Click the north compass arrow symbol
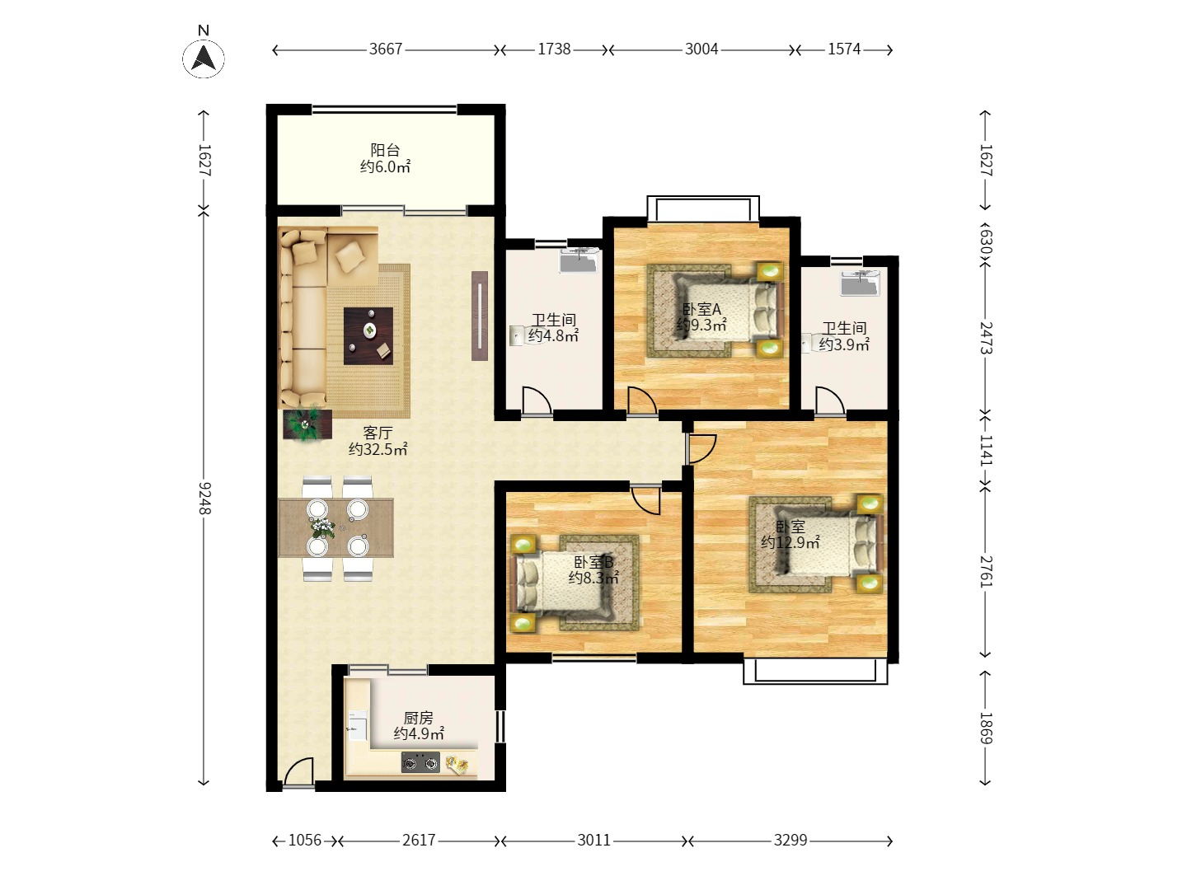coord(204,59)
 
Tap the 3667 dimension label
coord(386,49)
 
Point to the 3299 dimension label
coord(790,841)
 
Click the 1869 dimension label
coord(986,728)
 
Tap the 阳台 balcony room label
coord(385,150)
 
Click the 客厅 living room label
coord(378,433)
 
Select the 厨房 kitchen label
coord(418,718)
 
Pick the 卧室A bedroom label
coord(701,309)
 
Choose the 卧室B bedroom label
coord(593,563)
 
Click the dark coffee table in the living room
coord(368,336)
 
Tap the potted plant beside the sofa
coord(307,424)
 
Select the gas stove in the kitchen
coord(420,763)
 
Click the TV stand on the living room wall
coord(480,316)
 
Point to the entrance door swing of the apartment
coord(298,771)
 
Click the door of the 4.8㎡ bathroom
coord(537,401)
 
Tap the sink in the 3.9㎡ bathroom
coord(860,283)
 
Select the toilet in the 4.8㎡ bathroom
coord(518,335)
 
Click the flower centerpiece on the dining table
coord(322,527)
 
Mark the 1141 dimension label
coord(986,450)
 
